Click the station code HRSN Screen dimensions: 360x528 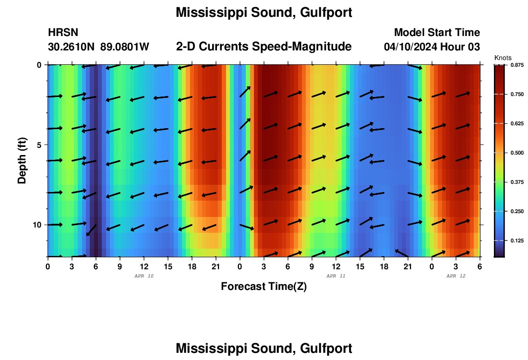pos(63,33)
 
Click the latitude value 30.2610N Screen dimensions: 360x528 pos(71,47)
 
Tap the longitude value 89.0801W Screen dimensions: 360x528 pos(125,47)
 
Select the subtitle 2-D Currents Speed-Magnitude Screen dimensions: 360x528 pos(264,47)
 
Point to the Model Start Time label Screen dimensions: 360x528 pos(437,33)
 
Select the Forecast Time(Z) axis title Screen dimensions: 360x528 pos(264,287)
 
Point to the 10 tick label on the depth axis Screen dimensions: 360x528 pos(36,225)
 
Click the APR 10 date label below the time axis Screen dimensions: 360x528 pos(144,276)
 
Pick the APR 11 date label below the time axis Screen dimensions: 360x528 pos(336,276)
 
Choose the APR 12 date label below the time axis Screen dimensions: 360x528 pos(456,276)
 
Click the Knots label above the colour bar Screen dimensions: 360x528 pos(503,58)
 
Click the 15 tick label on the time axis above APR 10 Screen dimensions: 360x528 pos(168,266)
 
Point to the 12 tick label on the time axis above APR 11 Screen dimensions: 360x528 pos(336,266)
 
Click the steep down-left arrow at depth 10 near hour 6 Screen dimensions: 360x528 pos(91,230)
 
